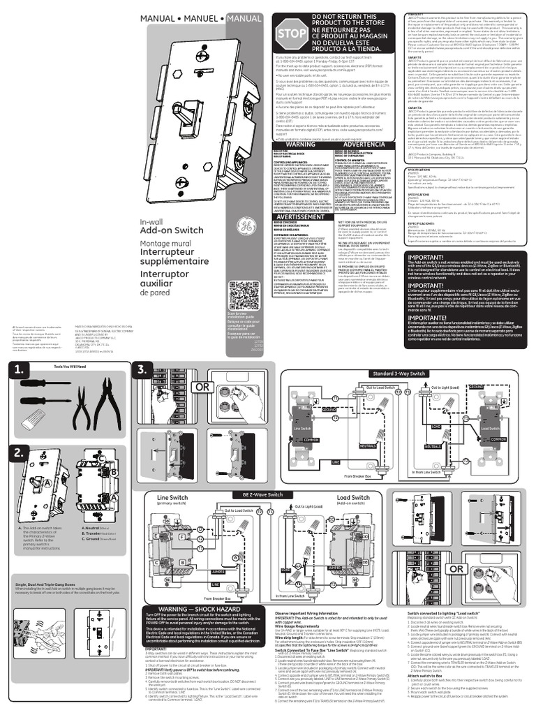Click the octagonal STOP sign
click(292, 35)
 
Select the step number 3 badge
click(145, 369)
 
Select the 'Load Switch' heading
click(352, 498)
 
